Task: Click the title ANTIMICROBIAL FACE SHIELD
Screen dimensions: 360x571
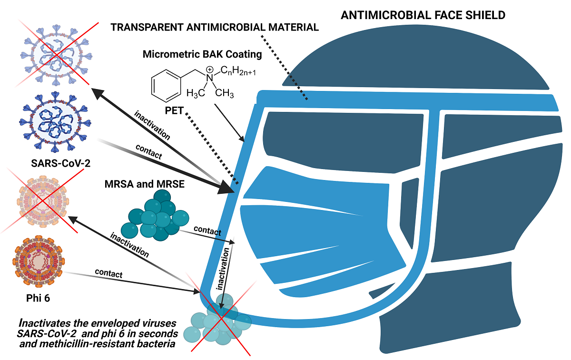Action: click(423, 15)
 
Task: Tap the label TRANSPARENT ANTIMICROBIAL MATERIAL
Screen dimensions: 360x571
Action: click(215, 28)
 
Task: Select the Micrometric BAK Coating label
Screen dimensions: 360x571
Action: click(202, 54)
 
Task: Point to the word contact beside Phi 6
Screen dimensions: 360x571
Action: click(108, 274)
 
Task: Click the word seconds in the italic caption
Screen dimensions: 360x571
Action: click(159, 332)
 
